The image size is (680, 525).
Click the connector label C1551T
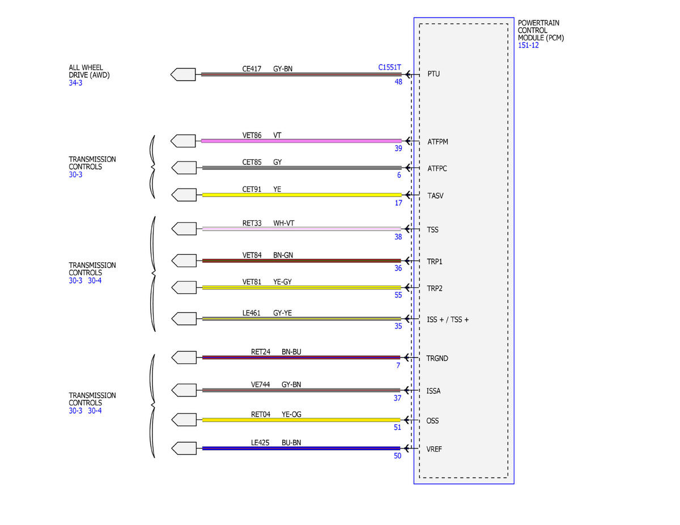(x=389, y=67)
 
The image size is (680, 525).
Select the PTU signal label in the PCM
(x=433, y=74)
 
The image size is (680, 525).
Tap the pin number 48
(x=398, y=82)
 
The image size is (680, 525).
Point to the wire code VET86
(x=252, y=135)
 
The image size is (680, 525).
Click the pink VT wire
(x=301, y=141)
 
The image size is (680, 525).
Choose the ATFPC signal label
(x=437, y=169)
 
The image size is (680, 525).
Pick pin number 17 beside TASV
(x=398, y=203)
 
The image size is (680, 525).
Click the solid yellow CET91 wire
(x=301, y=195)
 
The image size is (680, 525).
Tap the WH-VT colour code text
(x=283, y=223)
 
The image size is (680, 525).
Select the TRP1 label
(x=434, y=262)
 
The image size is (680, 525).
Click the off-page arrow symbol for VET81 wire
(x=184, y=287)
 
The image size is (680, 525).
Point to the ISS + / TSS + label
(x=448, y=319)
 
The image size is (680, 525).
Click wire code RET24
(x=260, y=352)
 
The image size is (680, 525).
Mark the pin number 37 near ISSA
(x=397, y=398)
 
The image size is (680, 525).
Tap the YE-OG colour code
(x=291, y=415)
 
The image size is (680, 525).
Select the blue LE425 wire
(x=301, y=449)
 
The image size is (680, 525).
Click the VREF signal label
(x=434, y=449)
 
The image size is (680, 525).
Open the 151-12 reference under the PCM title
(x=528, y=45)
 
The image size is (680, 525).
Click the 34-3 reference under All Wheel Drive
(x=75, y=83)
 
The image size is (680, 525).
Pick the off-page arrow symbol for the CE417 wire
(x=183, y=74)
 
